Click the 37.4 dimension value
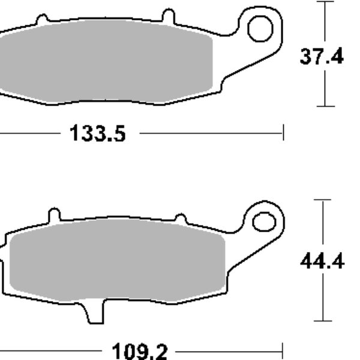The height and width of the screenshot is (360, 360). (322, 57)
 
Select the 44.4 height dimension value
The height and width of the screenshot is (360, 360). (322, 262)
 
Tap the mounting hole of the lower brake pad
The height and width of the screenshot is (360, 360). (263, 221)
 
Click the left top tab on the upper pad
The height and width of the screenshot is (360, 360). (42, 20)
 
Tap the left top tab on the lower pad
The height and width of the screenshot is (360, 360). (54, 214)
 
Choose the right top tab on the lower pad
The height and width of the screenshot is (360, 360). (178, 217)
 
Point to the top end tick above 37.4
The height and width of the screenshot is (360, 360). (325, 2)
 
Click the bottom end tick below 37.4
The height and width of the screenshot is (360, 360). (325, 106)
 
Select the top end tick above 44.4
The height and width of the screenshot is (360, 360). (323, 200)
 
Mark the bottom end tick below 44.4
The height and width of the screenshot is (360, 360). (323, 322)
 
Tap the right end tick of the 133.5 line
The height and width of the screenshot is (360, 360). (283, 133)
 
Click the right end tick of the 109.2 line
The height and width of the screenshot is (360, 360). (281, 352)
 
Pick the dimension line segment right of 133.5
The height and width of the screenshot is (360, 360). (210, 133)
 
